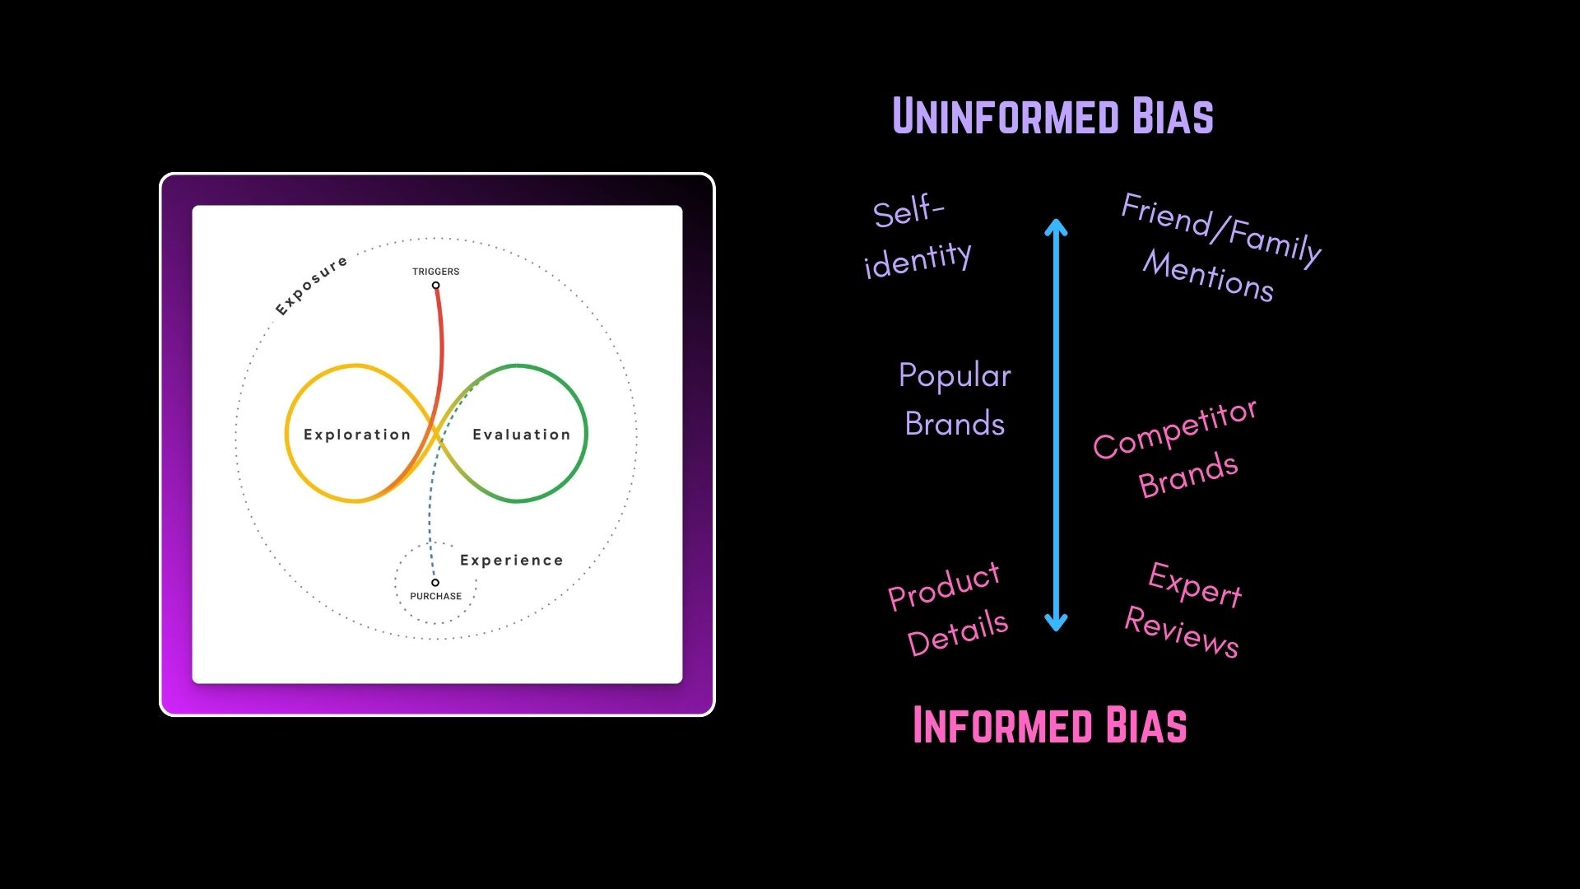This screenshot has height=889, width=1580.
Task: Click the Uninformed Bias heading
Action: tap(1053, 116)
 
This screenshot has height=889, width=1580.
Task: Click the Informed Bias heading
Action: tap(1049, 725)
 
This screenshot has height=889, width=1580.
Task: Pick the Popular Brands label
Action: tap(955, 399)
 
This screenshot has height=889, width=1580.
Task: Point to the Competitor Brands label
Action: tap(1175, 449)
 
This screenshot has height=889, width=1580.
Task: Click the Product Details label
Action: tap(948, 610)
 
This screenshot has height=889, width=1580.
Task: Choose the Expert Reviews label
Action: tap(1185, 609)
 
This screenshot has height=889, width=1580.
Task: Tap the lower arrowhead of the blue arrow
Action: tap(1056, 624)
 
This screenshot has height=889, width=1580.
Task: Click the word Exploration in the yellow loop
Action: tap(357, 435)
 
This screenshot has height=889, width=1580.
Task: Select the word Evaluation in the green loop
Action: tap(521, 435)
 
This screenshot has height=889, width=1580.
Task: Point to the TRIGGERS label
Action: tap(436, 272)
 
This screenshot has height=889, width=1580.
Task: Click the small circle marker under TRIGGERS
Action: tap(436, 286)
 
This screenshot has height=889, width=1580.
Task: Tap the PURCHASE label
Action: tap(436, 596)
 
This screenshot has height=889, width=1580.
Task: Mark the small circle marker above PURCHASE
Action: tap(435, 583)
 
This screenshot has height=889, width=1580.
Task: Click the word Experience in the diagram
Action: tap(512, 561)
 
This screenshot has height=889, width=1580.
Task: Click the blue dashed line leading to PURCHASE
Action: tap(429, 519)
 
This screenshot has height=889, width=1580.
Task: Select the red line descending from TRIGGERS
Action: tap(441, 346)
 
